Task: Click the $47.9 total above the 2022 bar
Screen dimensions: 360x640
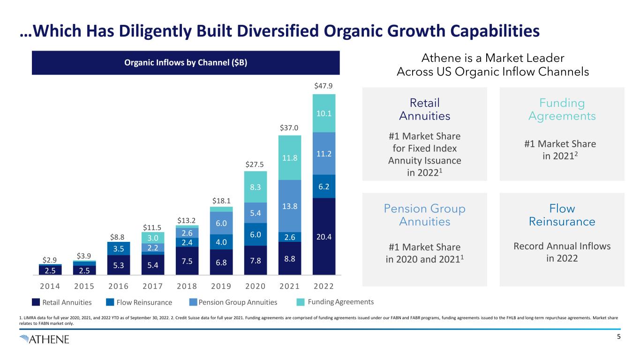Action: coord(324,86)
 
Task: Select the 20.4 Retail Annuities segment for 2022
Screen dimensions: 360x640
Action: coord(324,236)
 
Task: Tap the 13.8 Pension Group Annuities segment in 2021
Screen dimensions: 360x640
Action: coord(290,206)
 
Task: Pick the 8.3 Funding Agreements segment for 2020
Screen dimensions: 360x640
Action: coord(256,187)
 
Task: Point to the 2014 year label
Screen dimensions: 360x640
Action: coord(50,286)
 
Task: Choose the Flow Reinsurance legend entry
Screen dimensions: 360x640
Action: coord(139,302)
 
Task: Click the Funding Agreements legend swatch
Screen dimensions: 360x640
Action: coord(302,302)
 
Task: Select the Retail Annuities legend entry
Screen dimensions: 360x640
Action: coord(62,302)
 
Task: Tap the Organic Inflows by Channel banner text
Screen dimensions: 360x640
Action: coord(185,63)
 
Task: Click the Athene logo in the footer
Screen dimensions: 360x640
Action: coord(45,339)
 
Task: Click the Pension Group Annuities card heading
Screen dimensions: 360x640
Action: coord(424,215)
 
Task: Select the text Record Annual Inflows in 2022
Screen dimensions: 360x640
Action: coord(562,252)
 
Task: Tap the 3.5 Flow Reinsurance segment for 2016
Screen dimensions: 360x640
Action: coord(119,248)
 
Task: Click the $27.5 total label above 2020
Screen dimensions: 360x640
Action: coord(256,165)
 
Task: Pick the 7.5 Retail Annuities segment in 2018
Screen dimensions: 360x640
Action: coord(187,260)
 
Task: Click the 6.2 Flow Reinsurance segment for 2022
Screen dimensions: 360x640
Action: coord(324,186)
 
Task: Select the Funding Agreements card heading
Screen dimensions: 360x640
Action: coord(562,109)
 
